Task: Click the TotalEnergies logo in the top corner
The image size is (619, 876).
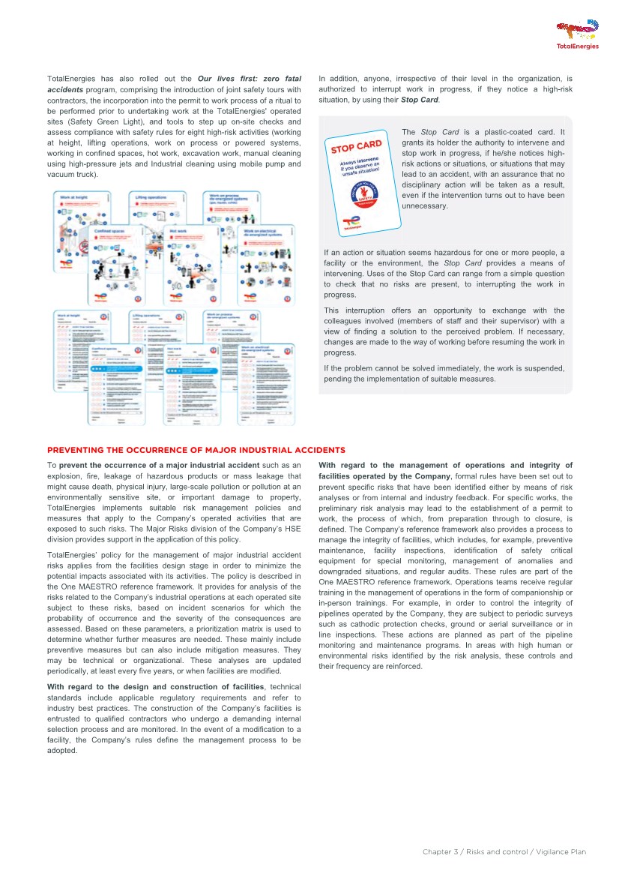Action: tap(577, 34)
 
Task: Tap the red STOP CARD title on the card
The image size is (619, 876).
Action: tap(357, 146)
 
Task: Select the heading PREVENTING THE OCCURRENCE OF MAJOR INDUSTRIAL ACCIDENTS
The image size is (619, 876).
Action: tap(196, 450)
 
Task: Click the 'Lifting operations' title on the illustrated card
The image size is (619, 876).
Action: tap(150, 197)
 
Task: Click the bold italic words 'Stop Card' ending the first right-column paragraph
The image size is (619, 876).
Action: tap(420, 100)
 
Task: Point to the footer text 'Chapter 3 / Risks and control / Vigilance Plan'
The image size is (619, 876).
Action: tap(504, 852)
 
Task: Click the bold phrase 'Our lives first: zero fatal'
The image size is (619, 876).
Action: tap(250, 79)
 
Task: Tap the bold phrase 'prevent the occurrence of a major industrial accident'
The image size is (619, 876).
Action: tap(159, 466)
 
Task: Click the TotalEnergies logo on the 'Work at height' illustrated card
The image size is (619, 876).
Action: tap(64, 265)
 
